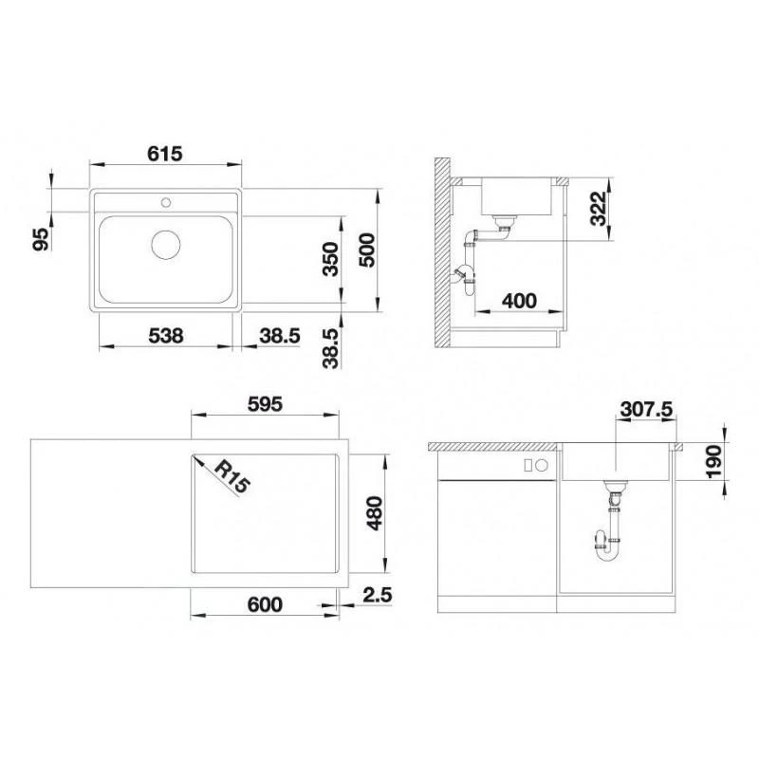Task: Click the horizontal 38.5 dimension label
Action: click(x=282, y=334)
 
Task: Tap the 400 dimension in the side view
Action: click(x=518, y=302)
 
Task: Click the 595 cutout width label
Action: click(x=264, y=402)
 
